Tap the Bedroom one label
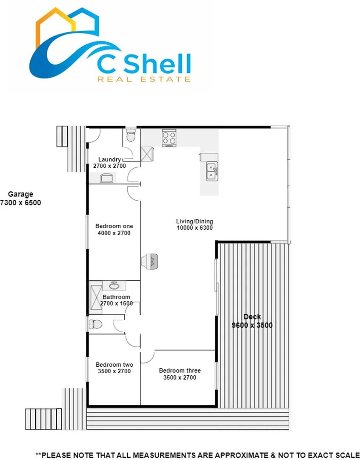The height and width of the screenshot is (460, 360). click(x=114, y=226)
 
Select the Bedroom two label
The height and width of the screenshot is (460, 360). click(x=114, y=365)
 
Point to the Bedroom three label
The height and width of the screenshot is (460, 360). click(x=180, y=371)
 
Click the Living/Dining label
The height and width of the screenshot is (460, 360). click(x=194, y=221)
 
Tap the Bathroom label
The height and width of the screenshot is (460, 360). click(x=116, y=297)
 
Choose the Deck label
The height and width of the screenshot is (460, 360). click(x=252, y=317)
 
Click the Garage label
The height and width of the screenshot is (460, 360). click(x=20, y=194)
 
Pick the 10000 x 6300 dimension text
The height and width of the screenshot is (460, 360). click(x=194, y=228)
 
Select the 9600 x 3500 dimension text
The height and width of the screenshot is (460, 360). click(x=252, y=325)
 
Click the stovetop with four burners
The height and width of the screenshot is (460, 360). click(x=169, y=138)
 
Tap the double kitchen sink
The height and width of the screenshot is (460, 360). click(x=212, y=172)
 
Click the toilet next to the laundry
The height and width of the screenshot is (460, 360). click(x=131, y=135)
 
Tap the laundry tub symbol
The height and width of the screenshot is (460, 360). click(x=107, y=178)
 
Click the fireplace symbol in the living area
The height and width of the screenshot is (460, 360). click(x=152, y=261)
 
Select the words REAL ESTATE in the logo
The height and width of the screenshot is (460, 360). click(x=144, y=79)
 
